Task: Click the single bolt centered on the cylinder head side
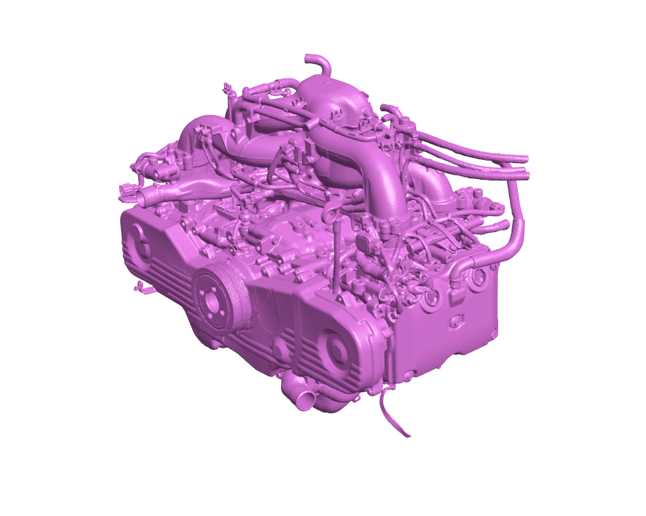point(456,321)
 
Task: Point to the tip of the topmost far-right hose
point(524,158)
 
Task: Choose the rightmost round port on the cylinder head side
point(478,277)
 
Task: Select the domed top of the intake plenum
point(333,96)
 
